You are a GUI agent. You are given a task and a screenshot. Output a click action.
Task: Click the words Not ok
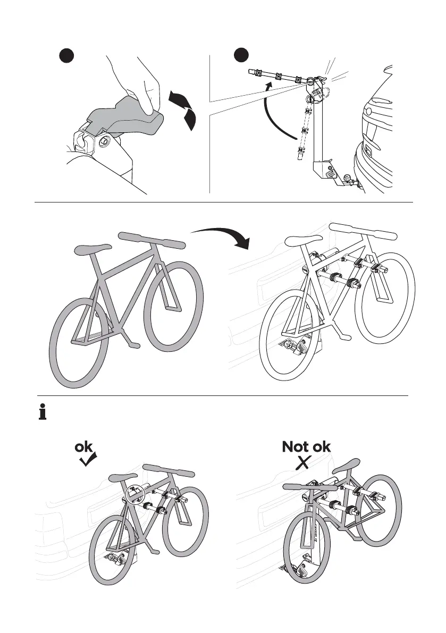[306, 447]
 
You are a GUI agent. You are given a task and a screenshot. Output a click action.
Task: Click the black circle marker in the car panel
[242, 56]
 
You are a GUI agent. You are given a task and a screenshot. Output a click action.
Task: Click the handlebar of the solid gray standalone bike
[152, 240]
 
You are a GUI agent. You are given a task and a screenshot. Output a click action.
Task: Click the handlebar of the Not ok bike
[305, 486]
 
